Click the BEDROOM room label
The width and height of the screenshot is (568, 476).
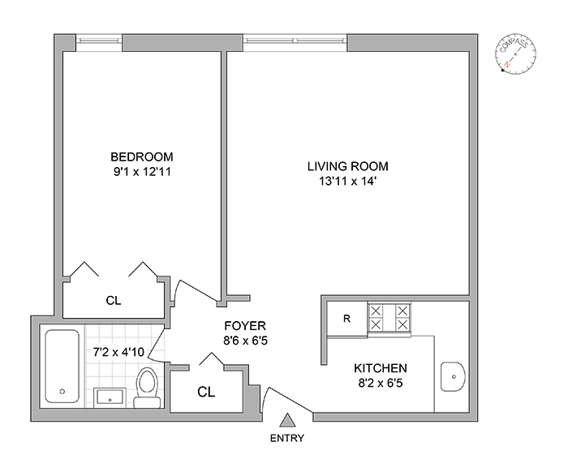pyautogui.click(x=142, y=157)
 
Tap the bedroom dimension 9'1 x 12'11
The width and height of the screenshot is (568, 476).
pyautogui.click(x=142, y=172)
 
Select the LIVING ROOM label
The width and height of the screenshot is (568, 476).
pyautogui.click(x=348, y=166)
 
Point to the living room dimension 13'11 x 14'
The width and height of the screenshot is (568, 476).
pyautogui.click(x=347, y=181)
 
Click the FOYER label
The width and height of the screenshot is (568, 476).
pyautogui.click(x=245, y=326)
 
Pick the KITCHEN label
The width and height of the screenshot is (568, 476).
pyautogui.click(x=381, y=368)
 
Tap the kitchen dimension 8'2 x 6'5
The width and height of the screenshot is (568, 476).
pyautogui.click(x=381, y=383)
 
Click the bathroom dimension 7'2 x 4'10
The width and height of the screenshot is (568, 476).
pyautogui.click(x=118, y=351)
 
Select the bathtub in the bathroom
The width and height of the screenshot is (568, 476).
pyautogui.click(x=62, y=366)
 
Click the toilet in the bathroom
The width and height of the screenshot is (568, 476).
pyautogui.click(x=148, y=388)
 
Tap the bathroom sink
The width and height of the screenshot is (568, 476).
pyautogui.click(x=110, y=398)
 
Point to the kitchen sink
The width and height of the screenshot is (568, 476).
pyautogui.click(x=453, y=376)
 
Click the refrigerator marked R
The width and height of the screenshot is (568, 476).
pyautogui.click(x=347, y=319)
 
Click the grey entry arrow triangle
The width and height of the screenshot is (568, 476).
pyautogui.click(x=287, y=420)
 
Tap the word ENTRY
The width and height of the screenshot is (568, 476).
pyautogui.click(x=287, y=439)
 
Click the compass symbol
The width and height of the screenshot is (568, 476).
pyautogui.click(x=516, y=54)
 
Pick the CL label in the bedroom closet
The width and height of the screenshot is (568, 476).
pyautogui.click(x=114, y=301)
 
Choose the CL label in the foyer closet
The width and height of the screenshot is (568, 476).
pyautogui.click(x=206, y=392)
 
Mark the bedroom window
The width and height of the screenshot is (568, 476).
pyautogui.click(x=99, y=42)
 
